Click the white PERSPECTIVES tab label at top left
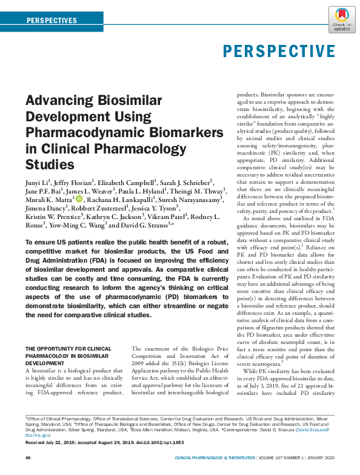52,21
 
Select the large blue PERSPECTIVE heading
279,50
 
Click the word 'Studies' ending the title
49,164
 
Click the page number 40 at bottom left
28,457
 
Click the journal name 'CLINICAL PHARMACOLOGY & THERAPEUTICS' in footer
215,457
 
